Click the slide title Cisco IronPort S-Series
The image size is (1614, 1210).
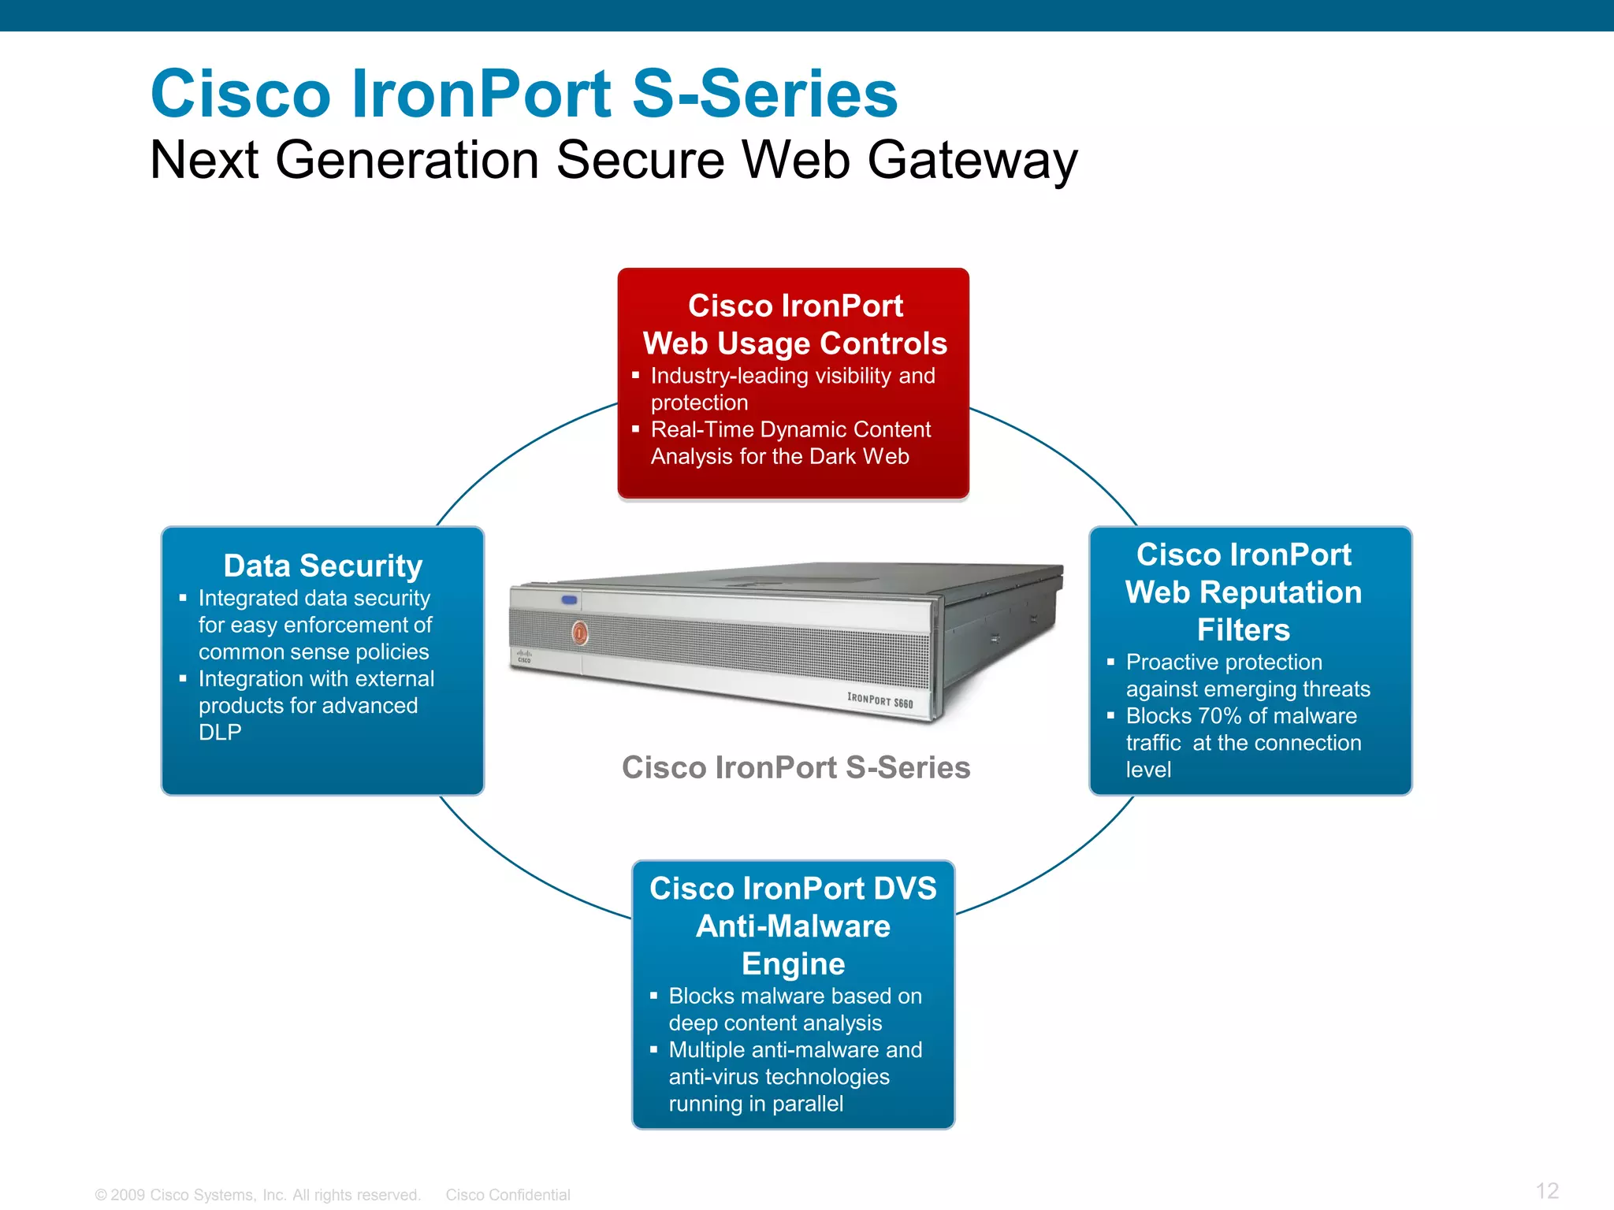tap(524, 94)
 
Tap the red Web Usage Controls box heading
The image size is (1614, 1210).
tap(794, 325)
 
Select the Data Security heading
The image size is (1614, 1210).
tap(323, 566)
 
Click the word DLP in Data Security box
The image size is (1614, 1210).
tap(220, 733)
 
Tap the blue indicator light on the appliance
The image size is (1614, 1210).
tap(569, 600)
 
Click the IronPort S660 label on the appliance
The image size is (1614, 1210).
tap(880, 700)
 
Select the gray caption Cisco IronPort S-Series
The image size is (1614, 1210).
tap(796, 767)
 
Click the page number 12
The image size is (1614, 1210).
tap(1547, 1190)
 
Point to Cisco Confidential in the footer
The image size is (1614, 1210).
tap(508, 1195)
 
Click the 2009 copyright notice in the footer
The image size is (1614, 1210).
tap(258, 1195)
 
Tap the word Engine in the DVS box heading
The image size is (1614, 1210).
tap(793, 964)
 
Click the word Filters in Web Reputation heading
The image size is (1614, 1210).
tap(1243, 630)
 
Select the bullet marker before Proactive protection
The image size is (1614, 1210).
tap(1110, 663)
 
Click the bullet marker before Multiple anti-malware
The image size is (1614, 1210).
tap(653, 1050)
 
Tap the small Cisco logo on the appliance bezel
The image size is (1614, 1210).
tap(524, 656)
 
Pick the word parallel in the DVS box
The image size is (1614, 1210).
tap(807, 1104)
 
